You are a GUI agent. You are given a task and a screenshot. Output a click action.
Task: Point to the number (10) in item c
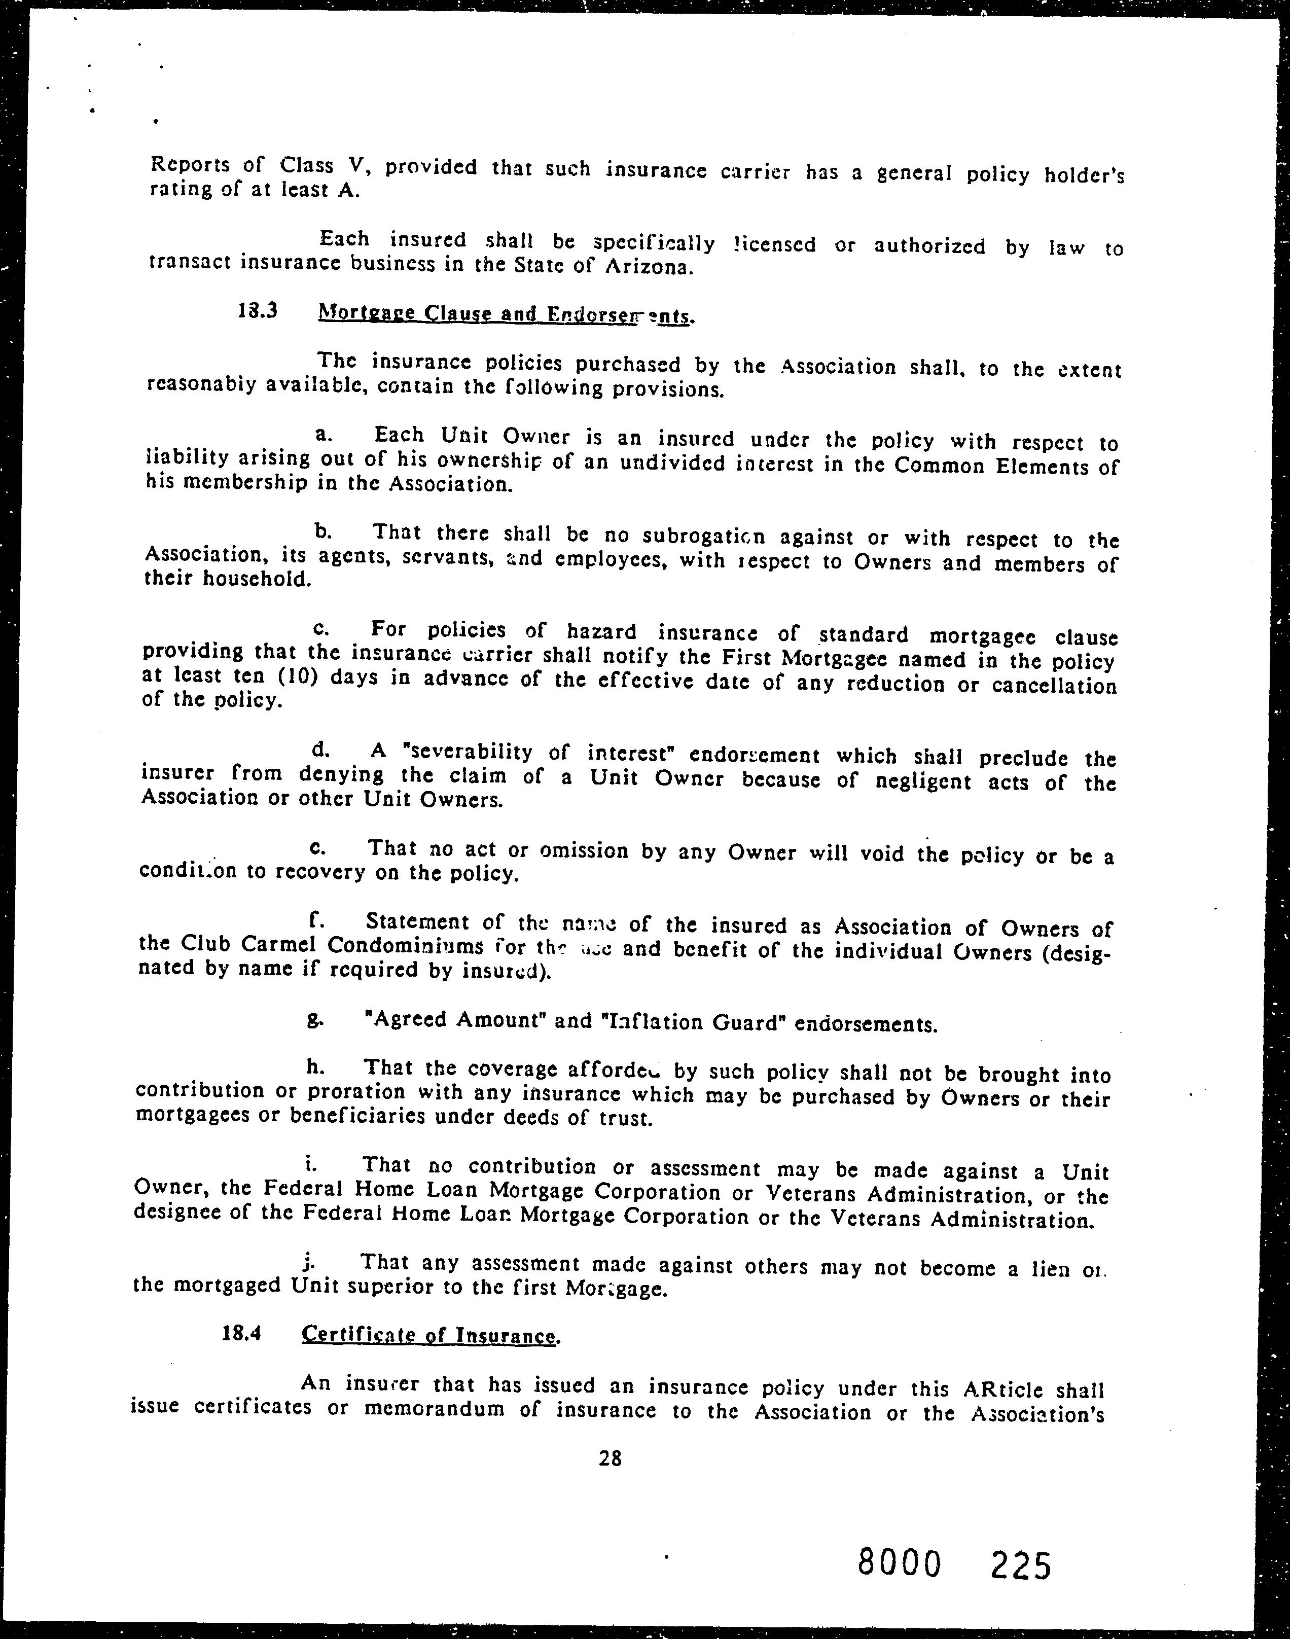[293, 676]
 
